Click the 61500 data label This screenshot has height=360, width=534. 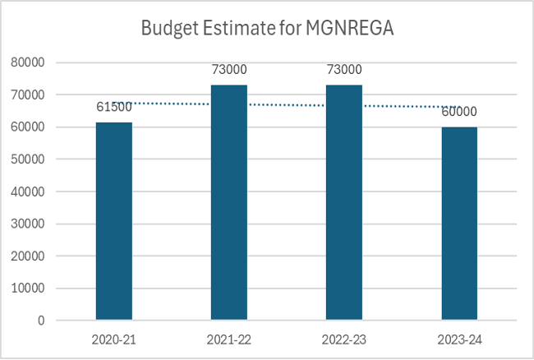pyautogui.click(x=113, y=107)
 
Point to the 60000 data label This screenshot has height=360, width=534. pyautogui.click(x=459, y=112)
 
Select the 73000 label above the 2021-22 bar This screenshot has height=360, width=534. pyautogui.click(x=228, y=70)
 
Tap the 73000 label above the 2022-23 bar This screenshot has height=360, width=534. pyautogui.click(x=343, y=70)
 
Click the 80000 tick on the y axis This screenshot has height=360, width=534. pyautogui.click(x=27, y=62)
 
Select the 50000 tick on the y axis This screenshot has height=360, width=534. pyautogui.click(x=27, y=159)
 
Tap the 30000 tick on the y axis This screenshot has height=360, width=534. pyautogui.click(x=27, y=224)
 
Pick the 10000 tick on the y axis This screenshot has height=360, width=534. pyautogui.click(x=27, y=288)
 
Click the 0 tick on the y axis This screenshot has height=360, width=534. pyautogui.click(x=39, y=321)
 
